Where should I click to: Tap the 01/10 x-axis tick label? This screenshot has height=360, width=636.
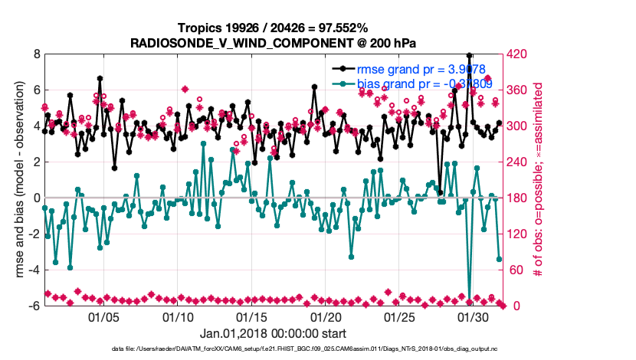[x=178, y=316]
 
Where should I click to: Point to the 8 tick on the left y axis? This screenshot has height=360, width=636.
[x=36, y=54]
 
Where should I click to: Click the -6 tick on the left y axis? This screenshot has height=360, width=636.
[x=34, y=305]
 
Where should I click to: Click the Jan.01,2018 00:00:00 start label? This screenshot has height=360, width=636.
[x=273, y=333]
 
